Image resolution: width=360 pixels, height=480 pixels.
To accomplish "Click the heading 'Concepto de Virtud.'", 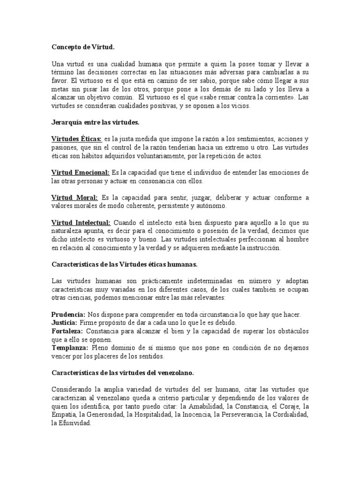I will [82, 47].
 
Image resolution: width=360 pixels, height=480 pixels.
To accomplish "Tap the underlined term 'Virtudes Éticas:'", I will [76, 139].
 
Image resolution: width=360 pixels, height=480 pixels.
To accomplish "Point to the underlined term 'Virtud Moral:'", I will [75, 198].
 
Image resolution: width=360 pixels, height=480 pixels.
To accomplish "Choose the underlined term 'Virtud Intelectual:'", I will [81, 223].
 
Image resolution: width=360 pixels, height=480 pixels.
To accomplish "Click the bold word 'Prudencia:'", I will [68, 314].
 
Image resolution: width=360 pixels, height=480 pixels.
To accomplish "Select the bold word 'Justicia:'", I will [64, 323].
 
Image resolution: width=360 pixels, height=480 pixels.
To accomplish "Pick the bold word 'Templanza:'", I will [70, 348].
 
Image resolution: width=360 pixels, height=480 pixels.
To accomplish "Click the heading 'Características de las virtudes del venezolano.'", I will [122, 373].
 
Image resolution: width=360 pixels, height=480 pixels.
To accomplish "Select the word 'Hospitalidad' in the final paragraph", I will [150, 415].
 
